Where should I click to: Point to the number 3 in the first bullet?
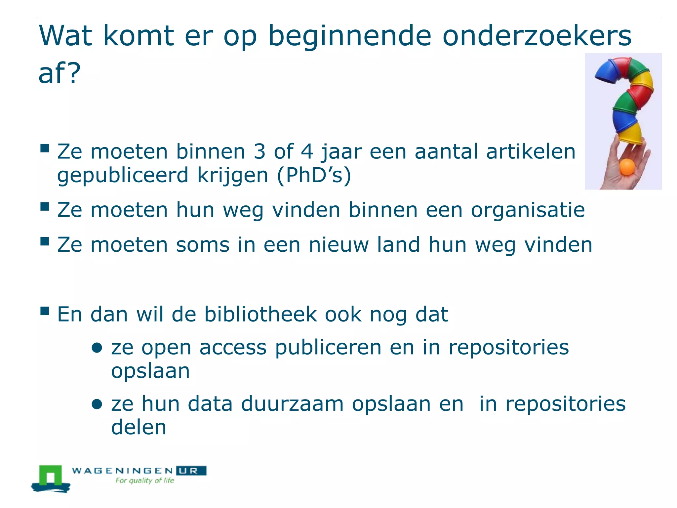(259, 151)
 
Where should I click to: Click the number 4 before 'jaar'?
(306, 151)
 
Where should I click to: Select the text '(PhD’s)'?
(314, 175)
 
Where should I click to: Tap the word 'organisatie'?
(528, 210)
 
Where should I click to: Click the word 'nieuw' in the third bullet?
(338, 245)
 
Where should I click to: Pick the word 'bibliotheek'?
(260, 314)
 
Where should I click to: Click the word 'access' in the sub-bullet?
(233, 348)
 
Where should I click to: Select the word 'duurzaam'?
(292, 404)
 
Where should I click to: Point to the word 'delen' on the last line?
(139, 427)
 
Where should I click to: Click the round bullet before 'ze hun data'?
(97, 404)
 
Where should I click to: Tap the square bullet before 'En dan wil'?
(45, 311)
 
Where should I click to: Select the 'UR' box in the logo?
(191, 471)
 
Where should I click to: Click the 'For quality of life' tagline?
(144, 481)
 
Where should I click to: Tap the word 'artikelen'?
(531, 151)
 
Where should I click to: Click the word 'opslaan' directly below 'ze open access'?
(150, 371)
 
